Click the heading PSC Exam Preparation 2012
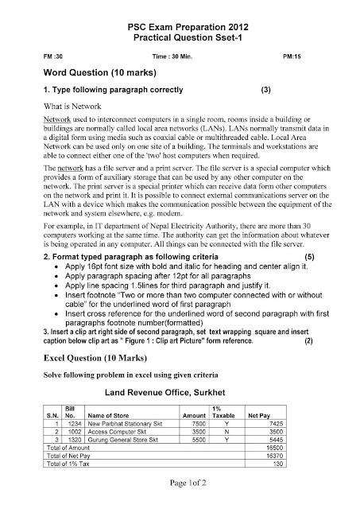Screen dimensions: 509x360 tap(180, 26)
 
